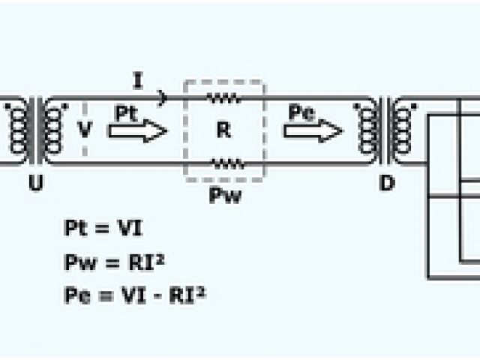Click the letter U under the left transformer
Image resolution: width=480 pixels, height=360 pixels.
[x=34, y=182]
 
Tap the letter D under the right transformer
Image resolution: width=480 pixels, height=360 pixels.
[x=387, y=182]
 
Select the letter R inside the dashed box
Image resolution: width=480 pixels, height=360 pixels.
[x=223, y=130]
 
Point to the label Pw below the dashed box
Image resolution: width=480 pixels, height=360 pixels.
[x=224, y=197]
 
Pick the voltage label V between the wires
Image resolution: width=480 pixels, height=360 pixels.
[x=86, y=130]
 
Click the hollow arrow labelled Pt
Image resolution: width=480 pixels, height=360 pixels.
[x=137, y=131]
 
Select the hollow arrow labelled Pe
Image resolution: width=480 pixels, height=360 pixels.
[x=313, y=131]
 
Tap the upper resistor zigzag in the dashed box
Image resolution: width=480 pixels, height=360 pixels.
[x=223, y=97]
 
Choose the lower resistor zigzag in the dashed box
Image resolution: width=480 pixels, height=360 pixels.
[x=225, y=163]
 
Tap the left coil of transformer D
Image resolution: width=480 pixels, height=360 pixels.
[x=368, y=131]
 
